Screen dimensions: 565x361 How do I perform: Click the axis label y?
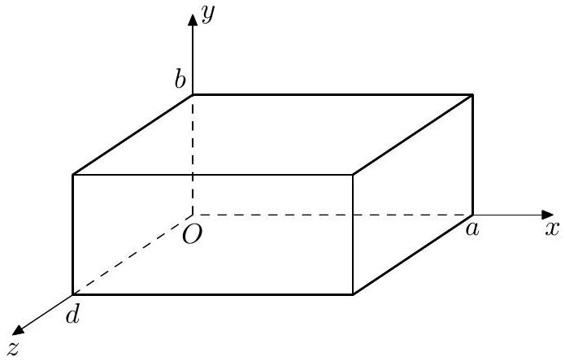pyautogui.click(x=208, y=14)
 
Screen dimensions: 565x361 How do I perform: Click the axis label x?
pyautogui.click(x=552, y=228)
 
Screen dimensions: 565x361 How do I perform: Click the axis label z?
pyautogui.click(x=14, y=348)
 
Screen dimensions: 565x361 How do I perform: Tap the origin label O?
pyautogui.click(x=192, y=235)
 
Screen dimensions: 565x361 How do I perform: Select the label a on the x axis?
pyautogui.click(x=472, y=228)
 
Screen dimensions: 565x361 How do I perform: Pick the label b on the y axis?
pyautogui.click(x=180, y=79)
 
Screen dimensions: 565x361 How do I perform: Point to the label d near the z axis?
pyautogui.click(x=72, y=315)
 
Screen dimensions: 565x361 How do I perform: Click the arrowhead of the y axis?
pyautogui.click(x=193, y=20)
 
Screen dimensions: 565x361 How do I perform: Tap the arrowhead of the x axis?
pyautogui.click(x=547, y=215)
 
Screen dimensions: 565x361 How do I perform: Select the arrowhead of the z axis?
pyautogui.click(x=18, y=329)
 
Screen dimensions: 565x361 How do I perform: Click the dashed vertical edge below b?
pyautogui.click(x=193, y=155)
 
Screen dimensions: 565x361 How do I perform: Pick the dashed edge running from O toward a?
pyautogui.click(x=332, y=215)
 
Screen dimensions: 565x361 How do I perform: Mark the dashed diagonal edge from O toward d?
pyautogui.click(x=133, y=255)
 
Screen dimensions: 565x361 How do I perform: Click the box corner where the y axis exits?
pyautogui.click(x=193, y=95)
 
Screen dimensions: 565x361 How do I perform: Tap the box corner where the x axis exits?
pyautogui.click(x=472, y=215)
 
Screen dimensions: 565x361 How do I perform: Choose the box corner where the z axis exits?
pyautogui.click(x=73, y=295)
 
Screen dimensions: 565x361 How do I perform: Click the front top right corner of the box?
pyautogui.click(x=352, y=175)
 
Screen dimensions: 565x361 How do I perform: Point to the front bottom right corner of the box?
pyautogui.click(x=352, y=294)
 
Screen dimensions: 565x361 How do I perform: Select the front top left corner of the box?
pyautogui.click(x=73, y=175)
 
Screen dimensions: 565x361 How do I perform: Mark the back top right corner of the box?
pyautogui.click(x=472, y=95)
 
